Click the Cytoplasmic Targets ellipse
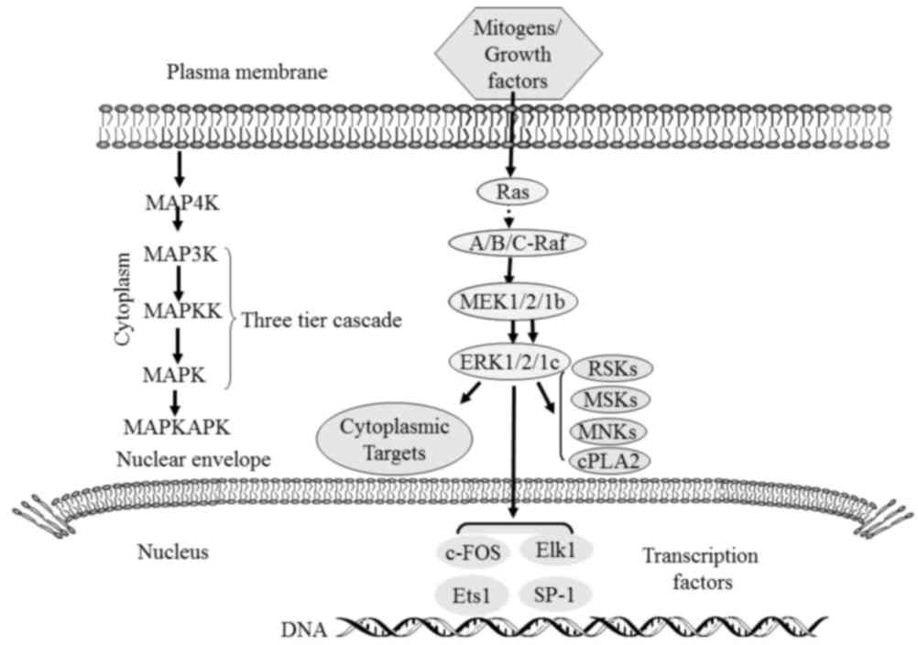[x=394, y=440]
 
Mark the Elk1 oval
[x=556, y=553]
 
